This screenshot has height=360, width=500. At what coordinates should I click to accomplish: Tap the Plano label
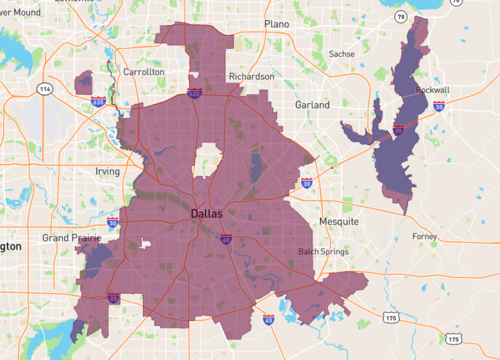[x=276, y=23]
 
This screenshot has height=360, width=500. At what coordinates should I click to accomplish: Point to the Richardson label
[x=251, y=76]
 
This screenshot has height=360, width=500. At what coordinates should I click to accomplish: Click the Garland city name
[x=312, y=104]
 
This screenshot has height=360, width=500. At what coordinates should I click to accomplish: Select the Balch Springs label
[x=321, y=251]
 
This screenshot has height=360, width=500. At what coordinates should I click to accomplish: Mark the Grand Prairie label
[x=69, y=238]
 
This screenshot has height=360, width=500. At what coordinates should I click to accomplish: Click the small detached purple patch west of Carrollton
[x=84, y=82]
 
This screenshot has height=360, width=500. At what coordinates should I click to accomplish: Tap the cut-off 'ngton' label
[x=9, y=245]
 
